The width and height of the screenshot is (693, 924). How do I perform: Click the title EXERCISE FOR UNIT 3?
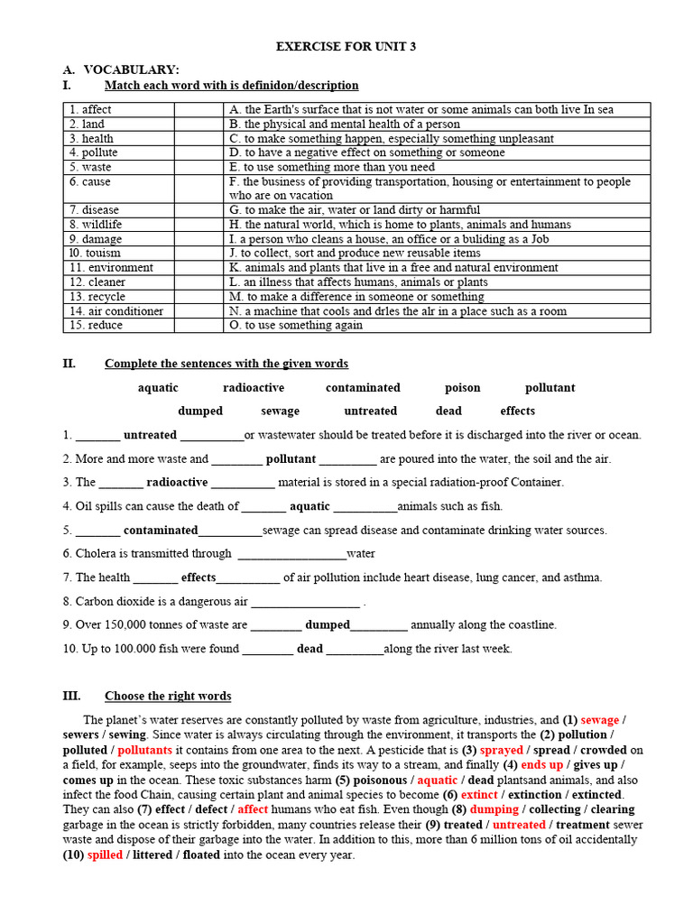click(x=346, y=46)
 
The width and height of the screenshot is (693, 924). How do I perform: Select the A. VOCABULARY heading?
click(x=131, y=69)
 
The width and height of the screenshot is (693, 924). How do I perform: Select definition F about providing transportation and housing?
click(x=430, y=188)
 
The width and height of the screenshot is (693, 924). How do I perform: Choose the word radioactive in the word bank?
click(x=254, y=387)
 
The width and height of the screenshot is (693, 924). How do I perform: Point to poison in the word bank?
click(x=462, y=387)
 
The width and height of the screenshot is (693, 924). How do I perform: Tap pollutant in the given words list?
click(x=550, y=387)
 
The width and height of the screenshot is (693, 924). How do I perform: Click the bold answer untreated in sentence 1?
click(x=150, y=434)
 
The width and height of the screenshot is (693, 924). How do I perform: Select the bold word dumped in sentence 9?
click(x=327, y=624)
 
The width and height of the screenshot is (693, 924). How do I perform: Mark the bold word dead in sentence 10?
click(x=310, y=648)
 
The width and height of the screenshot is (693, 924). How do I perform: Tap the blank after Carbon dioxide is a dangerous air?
click(x=305, y=601)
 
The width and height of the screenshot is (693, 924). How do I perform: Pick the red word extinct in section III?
click(x=479, y=794)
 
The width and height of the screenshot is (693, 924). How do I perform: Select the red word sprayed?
click(x=501, y=749)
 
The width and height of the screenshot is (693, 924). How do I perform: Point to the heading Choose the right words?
click(x=168, y=696)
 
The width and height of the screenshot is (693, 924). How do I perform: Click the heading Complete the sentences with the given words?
click(x=226, y=364)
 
